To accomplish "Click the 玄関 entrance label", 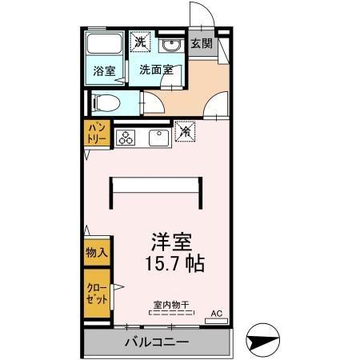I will click(x=201, y=44).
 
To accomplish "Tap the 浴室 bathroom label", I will click(x=104, y=70).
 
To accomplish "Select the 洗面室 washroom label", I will click(x=156, y=70).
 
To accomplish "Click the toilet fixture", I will click(x=105, y=102).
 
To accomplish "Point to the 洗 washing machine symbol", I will click(x=141, y=42).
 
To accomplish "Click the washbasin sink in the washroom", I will click(x=170, y=45).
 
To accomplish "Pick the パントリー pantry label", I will click(x=98, y=133).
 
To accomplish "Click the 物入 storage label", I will click(x=96, y=252).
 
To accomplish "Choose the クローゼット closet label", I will click(x=97, y=286).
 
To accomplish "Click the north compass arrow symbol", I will click(x=264, y=341).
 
